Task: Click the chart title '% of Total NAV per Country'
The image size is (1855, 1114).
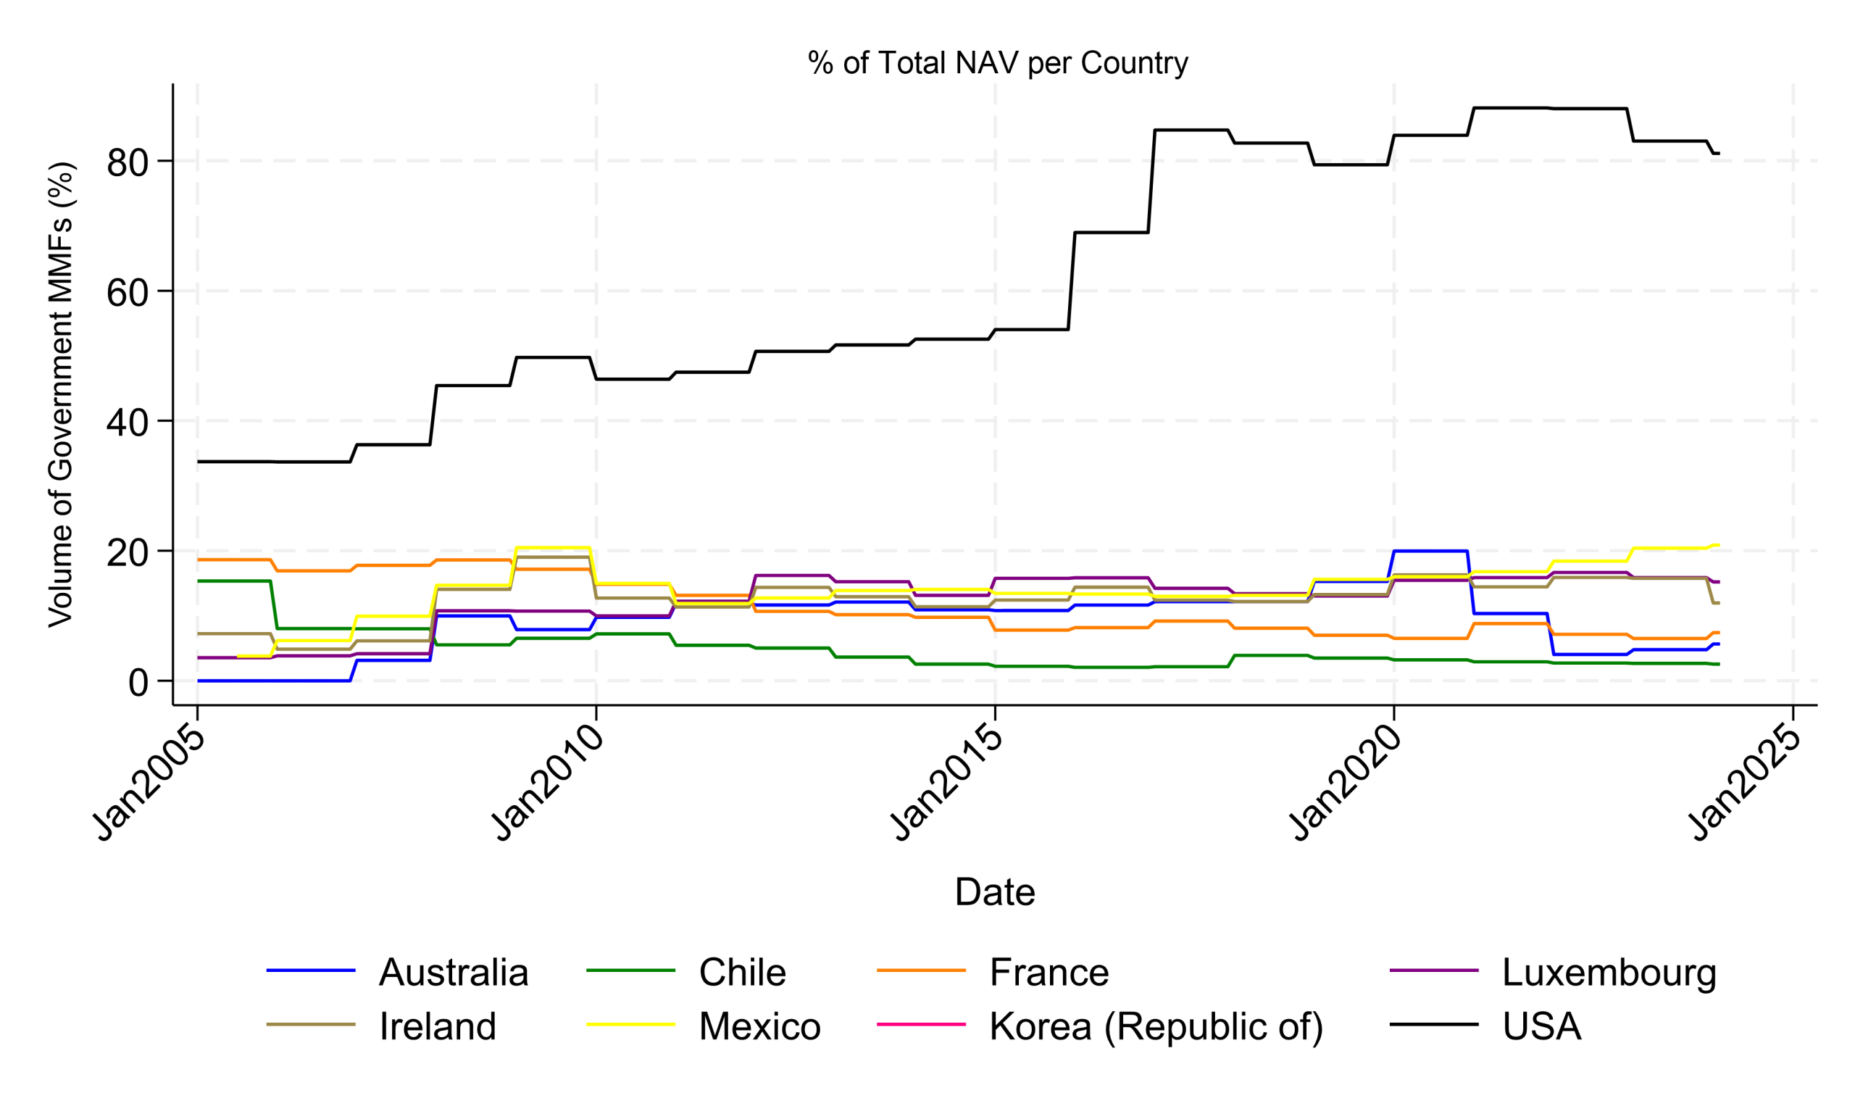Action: point(997,63)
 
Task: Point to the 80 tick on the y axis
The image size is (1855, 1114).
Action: point(128,163)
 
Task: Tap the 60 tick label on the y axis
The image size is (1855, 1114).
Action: point(128,293)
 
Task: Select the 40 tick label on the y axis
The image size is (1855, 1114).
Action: point(128,423)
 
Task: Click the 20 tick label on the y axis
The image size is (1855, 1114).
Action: point(128,553)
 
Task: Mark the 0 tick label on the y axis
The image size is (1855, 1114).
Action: point(138,683)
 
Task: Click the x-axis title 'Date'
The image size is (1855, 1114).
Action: point(995,891)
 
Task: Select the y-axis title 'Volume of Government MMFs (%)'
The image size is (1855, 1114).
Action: point(62,394)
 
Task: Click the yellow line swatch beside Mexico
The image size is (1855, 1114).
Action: point(630,1025)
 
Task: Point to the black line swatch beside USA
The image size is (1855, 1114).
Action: point(1434,1025)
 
